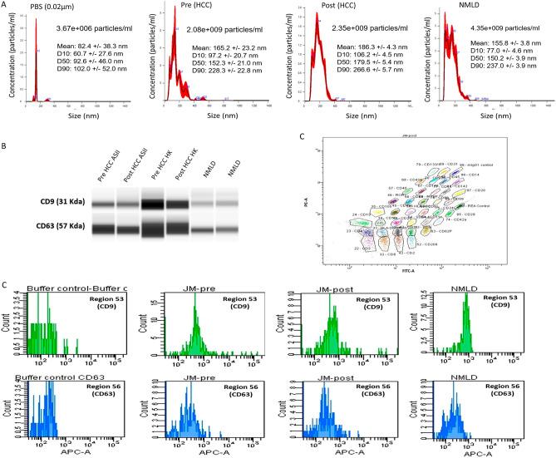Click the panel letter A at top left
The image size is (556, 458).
tap(5, 7)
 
